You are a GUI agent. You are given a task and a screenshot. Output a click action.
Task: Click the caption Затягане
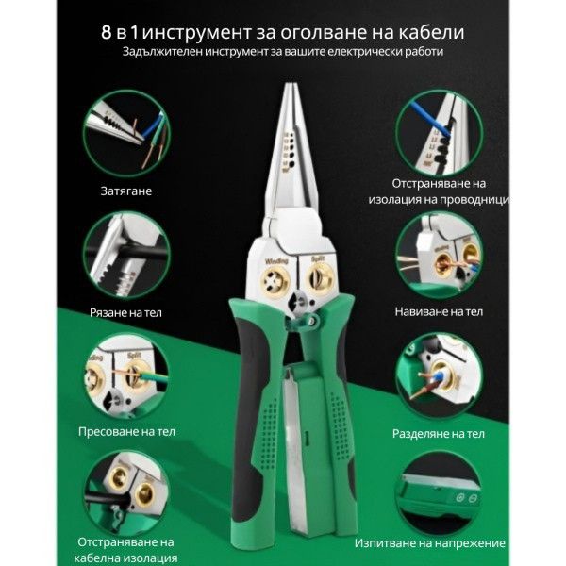tap(127, 191)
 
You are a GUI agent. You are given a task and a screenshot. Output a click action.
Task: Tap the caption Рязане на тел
tap(127, 312)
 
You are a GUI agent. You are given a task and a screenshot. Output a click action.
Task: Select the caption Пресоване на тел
tap(127, 432)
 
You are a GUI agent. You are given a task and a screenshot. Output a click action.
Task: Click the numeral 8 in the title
tap(107, 31)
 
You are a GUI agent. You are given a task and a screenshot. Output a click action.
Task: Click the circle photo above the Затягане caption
tap(126, 131)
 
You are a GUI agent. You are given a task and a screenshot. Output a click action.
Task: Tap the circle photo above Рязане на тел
tap(126, 255)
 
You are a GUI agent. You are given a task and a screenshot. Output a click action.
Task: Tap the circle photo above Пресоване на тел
tap(126, 375)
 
